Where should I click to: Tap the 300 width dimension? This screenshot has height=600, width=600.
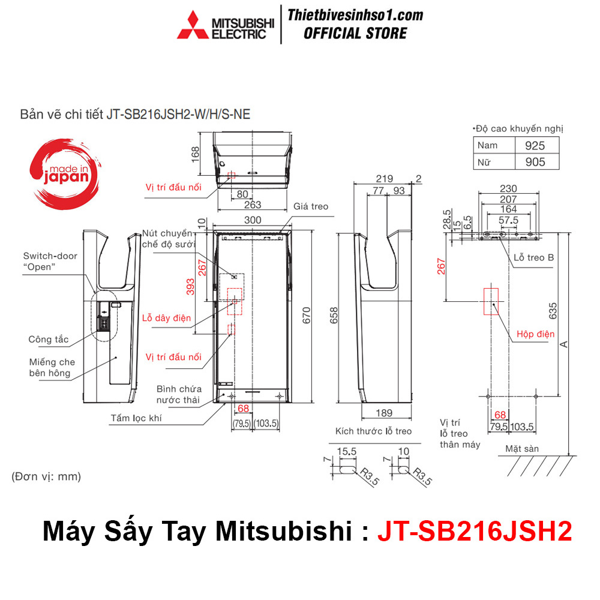pyautogui.click(x=253, y=220)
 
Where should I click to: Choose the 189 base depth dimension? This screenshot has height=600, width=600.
pyautogui.click(x=385, y=413)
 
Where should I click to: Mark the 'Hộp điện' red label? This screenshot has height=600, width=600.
pyautogui.click(x=536, y=334)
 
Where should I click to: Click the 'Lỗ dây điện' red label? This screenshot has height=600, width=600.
pyautogui.click(x=166, y=318)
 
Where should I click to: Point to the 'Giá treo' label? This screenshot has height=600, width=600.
pyautogui.click(x=311, y=206)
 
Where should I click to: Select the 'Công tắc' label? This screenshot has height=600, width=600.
pyautogui.click(x=49, y=340)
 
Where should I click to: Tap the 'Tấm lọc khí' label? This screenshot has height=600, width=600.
pyautogui.click(x=136, y=418)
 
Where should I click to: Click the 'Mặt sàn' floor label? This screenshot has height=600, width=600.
pyautogui.click(x=522, y=448)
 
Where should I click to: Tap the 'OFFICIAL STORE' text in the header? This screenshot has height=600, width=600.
pyautogui.click(x=355, y=33)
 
